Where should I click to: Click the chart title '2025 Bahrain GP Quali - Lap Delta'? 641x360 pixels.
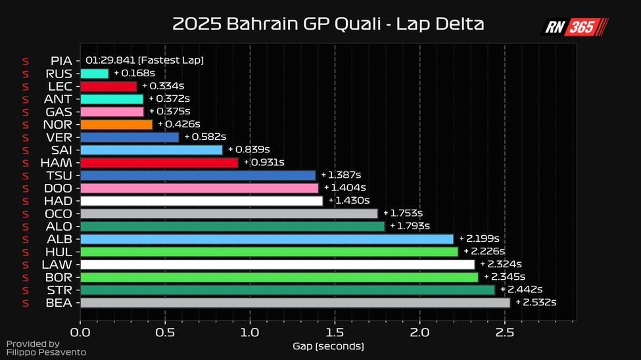(x=328, y=25)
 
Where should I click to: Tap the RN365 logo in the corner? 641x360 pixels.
(x=575, y=27)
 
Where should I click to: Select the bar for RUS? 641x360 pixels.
(x=95, y=74)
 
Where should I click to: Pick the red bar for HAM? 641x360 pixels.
(x=159, y=162)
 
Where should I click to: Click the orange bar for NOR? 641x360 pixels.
(x=116, y=124)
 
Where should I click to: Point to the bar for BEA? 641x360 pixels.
(x=295, y=303)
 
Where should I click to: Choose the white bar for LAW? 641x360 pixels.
(x=277, y=265)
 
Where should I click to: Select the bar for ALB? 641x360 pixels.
(x=267, y=239)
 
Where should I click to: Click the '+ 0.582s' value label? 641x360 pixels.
(x=205, y=137)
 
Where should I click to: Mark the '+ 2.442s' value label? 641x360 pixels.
(x=521, y=290)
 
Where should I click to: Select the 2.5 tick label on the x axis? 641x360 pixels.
(x=504, y=333)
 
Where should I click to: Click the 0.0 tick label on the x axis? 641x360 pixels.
(x=80, y=333)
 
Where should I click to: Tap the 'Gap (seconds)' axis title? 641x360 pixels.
(x=328, y=346)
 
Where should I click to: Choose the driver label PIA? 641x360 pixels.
(x=61, y=60)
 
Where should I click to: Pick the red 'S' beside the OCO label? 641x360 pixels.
(x=26, y=214)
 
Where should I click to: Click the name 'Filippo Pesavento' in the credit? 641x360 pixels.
(x=46, y=353)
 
